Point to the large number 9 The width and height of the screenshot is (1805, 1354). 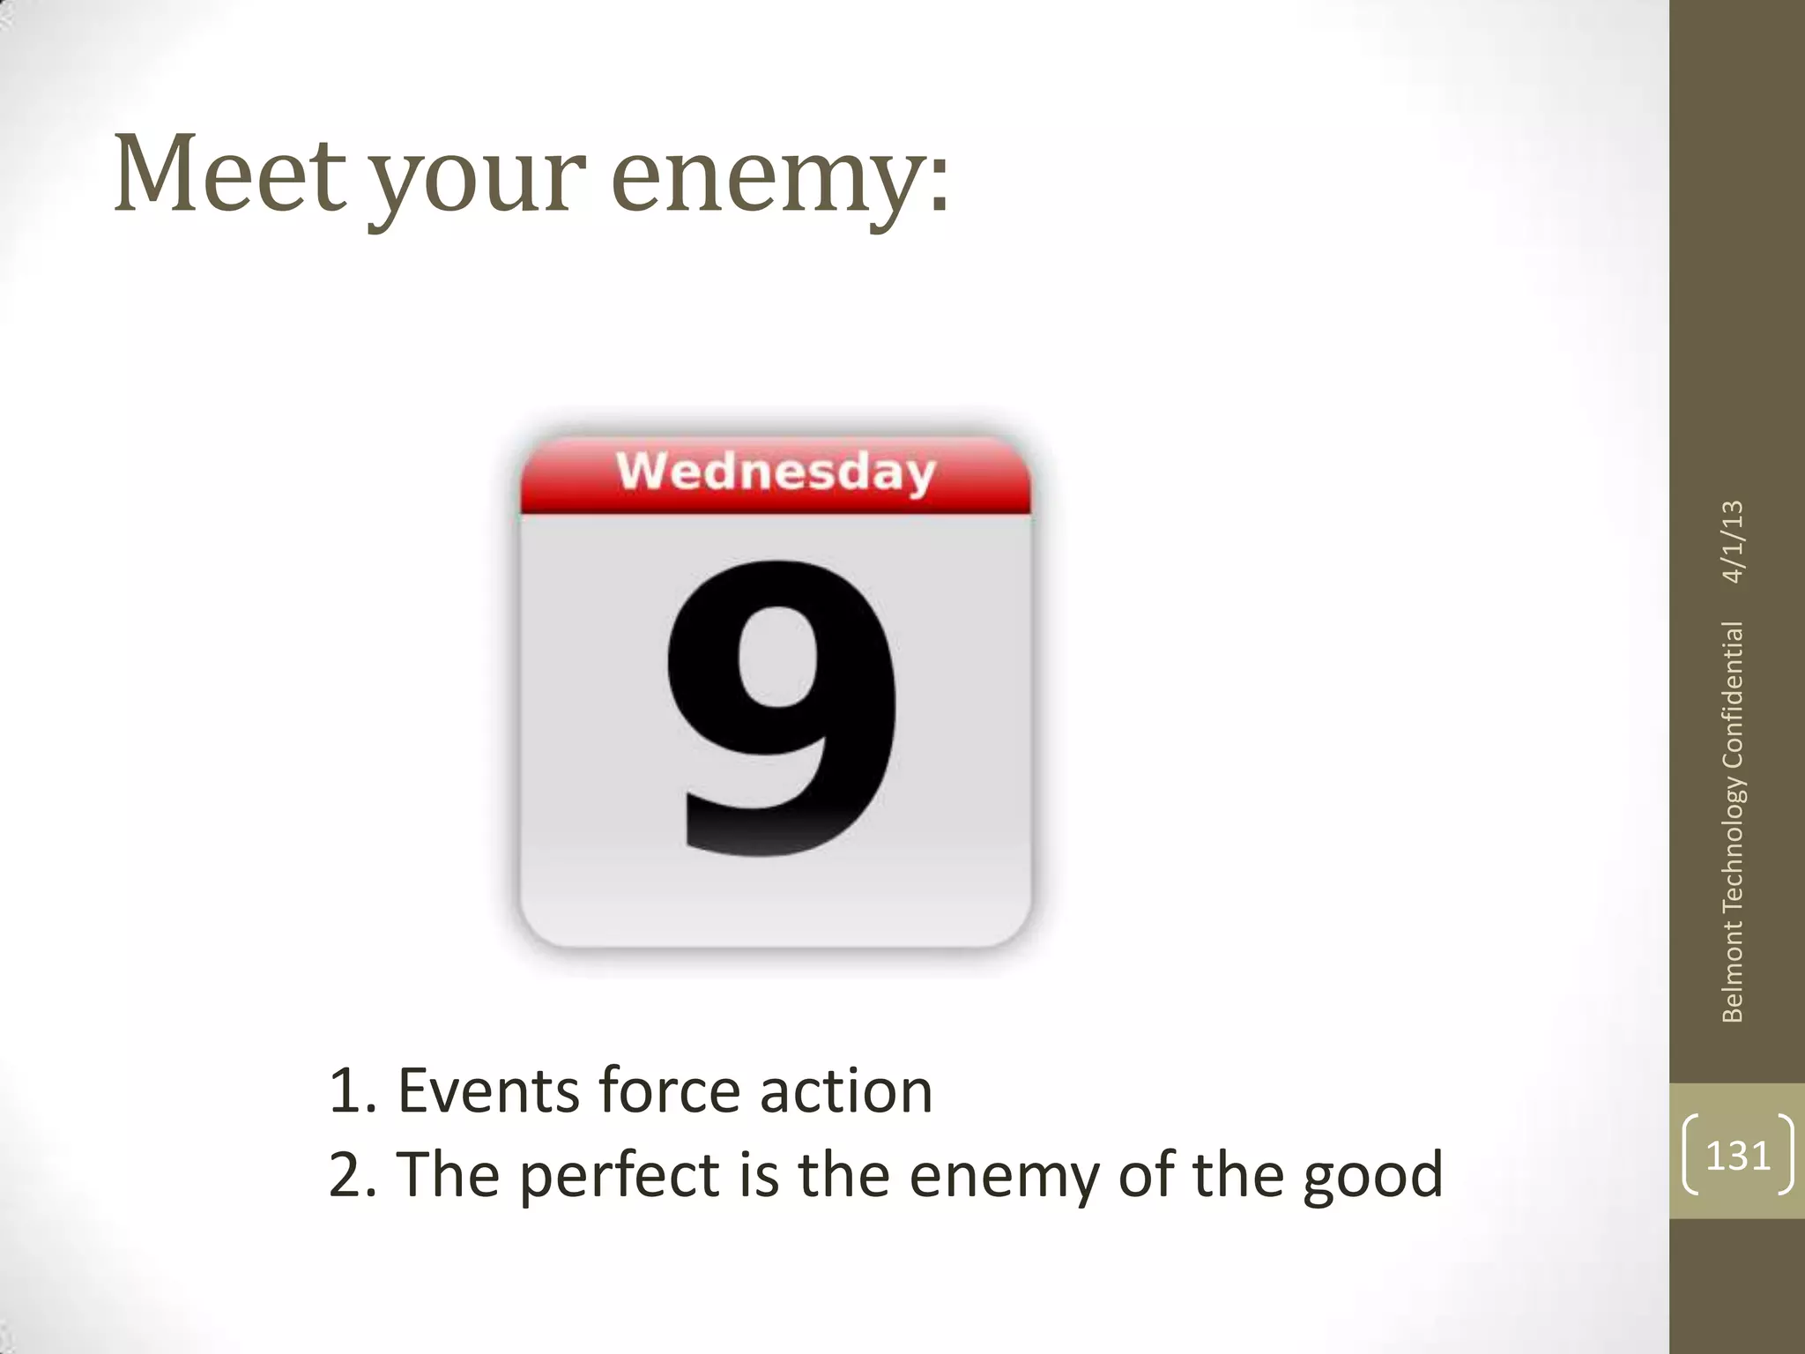pyautogui.click(x=782, y=709)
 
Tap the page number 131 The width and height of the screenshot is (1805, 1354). pyautogui.click(x=1737, y=1155)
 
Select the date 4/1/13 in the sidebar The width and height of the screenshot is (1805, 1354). pyautogui.click(x=1733, y=541)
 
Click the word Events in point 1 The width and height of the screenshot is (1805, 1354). pyautogui.click(x=488, y=1091)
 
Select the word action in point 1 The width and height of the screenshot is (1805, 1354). pyautogui.click(x=845, y=1091)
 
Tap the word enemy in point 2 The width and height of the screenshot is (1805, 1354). pyautogui.click(x=1004, y=1176)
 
